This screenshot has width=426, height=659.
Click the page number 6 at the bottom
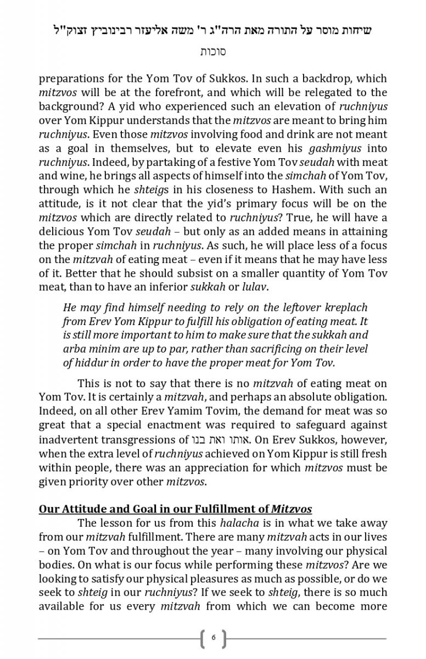213,638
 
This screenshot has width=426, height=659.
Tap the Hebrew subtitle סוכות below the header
212,52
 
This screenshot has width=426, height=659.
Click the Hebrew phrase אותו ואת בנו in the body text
218,439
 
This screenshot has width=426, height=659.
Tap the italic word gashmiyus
328,148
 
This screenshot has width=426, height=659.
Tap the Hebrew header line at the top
212,30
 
